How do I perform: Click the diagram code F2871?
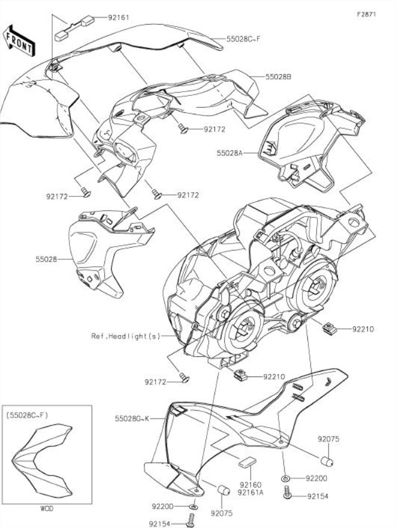366,14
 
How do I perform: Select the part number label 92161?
118,19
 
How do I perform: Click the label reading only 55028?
46,260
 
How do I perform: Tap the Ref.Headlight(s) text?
126,336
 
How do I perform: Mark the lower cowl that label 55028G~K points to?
240,431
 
